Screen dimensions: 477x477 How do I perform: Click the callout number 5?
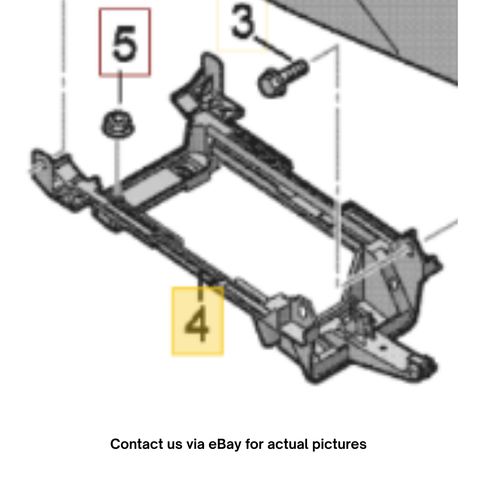click(x=124, y=44)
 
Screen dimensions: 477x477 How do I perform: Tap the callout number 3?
click(x=243, y=22)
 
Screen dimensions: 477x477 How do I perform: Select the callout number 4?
click(x=197, y=324)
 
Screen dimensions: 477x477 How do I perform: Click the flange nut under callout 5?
click(x=118, y=124)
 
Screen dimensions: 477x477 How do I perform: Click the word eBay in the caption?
click(x=225, y=444)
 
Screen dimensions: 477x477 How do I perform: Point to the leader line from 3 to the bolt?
click(x=272, y=48)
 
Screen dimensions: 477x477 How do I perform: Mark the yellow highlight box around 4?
click(x=198, y=321)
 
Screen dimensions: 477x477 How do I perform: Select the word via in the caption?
click(x=195, y=444)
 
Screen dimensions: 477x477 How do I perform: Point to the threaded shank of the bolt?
click(x=293, y=70)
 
